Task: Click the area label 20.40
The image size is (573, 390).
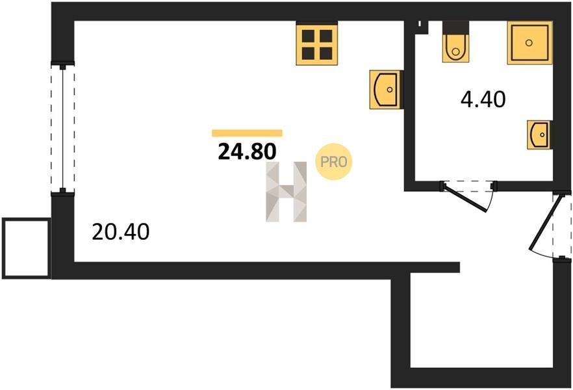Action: (121, 232)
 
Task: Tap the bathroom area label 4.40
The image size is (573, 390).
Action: (483, 99)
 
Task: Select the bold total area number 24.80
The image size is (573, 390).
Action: (247, 151)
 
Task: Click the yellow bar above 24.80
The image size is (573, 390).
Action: (247, 133)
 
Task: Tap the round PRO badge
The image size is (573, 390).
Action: (334, 162)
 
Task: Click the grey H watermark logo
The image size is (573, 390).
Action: (286, 192)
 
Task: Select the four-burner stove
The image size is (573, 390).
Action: (316, 44)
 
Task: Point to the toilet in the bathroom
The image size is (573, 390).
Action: (455, 42)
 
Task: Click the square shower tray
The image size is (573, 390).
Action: (529, 43)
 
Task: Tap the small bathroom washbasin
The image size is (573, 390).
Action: (539, 135)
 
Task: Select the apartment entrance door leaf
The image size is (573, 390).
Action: (544, 224)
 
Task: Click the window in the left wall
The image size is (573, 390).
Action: (62, 128)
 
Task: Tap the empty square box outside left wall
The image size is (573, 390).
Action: (26, 248)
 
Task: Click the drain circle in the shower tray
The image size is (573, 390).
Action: (529, 43)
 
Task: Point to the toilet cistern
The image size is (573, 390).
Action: (455, 28)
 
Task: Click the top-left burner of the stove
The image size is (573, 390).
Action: (308, 36)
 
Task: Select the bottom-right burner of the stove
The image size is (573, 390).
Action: (326, 53)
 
